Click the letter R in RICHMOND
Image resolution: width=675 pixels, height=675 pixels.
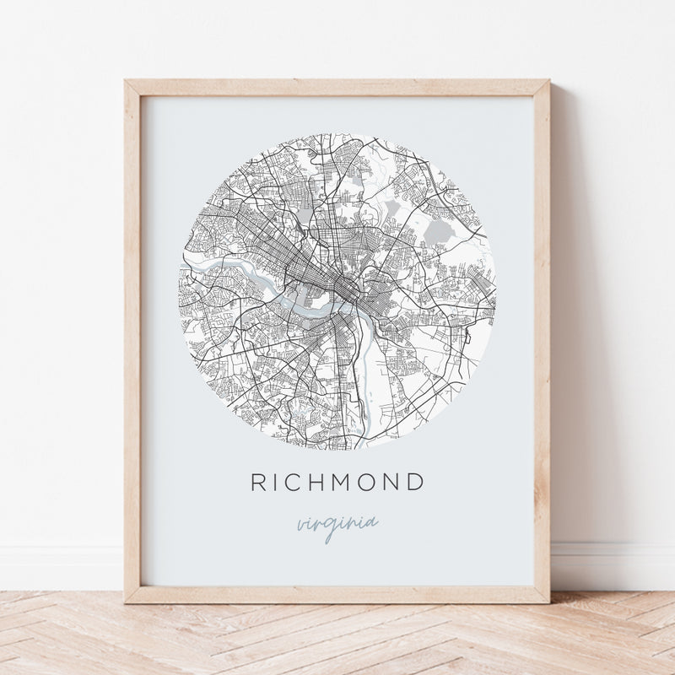(x=259, y=483)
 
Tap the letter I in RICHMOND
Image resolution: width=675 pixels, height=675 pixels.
(x=279, y=483)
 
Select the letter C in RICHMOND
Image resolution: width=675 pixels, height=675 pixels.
(x=298, y=483)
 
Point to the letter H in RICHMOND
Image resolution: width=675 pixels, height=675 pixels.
(x=323, y=483)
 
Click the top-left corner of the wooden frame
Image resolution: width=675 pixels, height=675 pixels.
(x=127, y=82)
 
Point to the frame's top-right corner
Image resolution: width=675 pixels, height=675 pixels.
(x=548, y=82)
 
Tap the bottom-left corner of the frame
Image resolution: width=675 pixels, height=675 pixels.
(x=127, y=601)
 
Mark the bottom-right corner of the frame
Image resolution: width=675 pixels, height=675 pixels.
(x=548, y=601)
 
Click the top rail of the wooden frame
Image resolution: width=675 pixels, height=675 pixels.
(x=337, y=88)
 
